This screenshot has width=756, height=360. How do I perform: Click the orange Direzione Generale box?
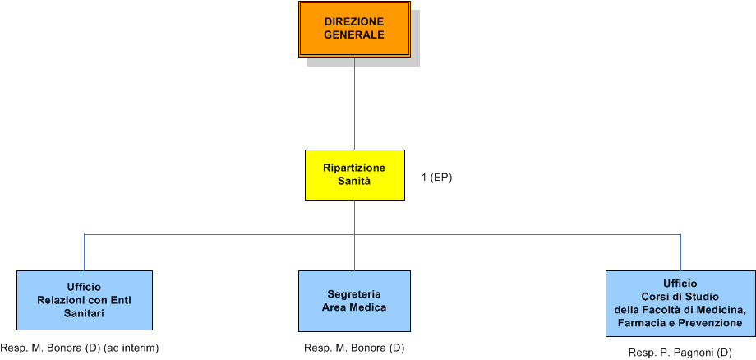point(354,29)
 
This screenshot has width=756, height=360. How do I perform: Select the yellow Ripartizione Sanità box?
point(354,174)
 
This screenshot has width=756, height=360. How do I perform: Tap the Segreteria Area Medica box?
point(354,300)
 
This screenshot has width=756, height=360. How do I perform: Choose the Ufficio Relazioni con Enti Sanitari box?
point(84,300)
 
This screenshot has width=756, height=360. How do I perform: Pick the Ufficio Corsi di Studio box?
point(680,303)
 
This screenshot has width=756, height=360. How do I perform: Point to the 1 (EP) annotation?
point(436,178)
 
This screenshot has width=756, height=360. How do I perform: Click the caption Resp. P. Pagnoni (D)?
point(680,353)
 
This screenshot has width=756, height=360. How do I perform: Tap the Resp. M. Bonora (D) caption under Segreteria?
point(354,348)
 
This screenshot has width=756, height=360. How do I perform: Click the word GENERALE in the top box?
point(354,35)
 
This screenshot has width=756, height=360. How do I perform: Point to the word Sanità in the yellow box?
point(354,181)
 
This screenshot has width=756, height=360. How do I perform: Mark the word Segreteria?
point(354,293)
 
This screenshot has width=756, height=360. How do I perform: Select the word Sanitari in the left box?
point(84,313)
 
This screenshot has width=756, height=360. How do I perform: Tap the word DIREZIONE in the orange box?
point(354,21)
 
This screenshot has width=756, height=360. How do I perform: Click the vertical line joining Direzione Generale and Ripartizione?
point(354,103)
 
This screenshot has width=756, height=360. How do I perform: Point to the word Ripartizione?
point(354,168)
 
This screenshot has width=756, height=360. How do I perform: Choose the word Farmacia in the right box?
point(630,323)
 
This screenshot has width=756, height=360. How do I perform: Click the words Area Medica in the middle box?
point(354,307)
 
